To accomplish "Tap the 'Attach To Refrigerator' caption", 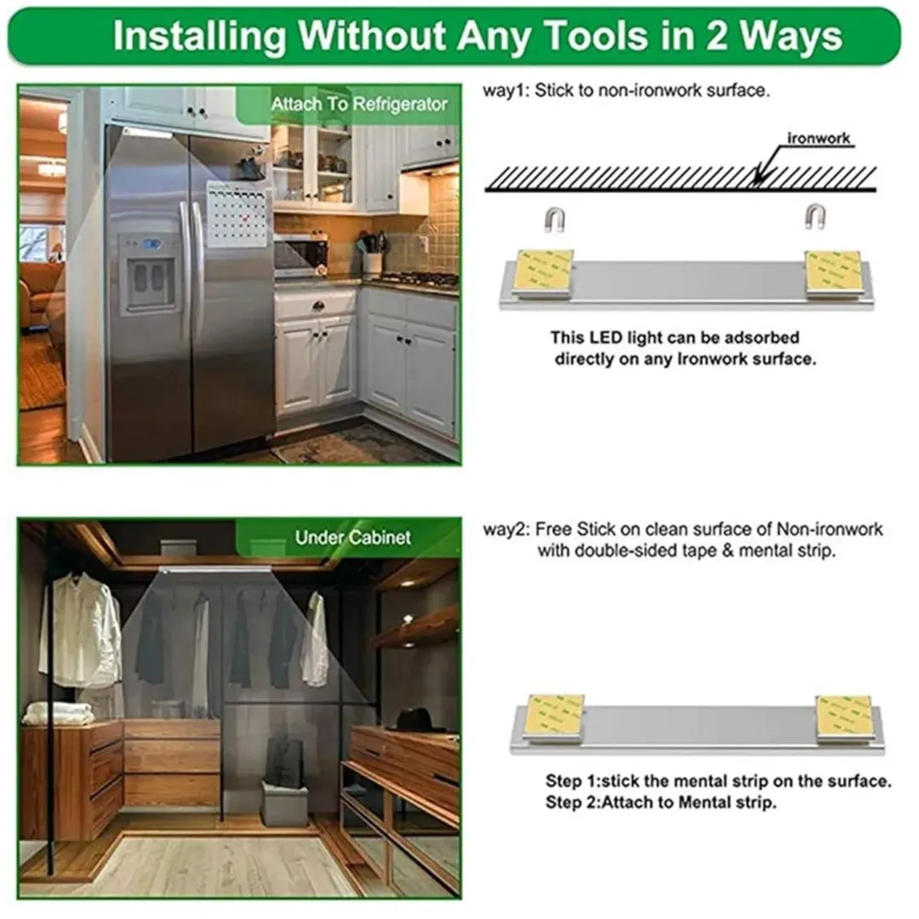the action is click(x=359, y=105).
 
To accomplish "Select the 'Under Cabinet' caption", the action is click(x=353, y=538).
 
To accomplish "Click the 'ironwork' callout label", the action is click(x=819, y=139).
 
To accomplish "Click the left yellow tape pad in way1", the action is click(x=544, y=272).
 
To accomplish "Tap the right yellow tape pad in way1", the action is click(x=833, y=272).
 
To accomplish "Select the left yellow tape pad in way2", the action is click(x=555, y=718).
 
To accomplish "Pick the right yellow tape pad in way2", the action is click(x=842, y=718).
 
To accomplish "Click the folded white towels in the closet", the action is click(x=58, y=713).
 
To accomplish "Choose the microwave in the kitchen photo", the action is click(x=300, y=255).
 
